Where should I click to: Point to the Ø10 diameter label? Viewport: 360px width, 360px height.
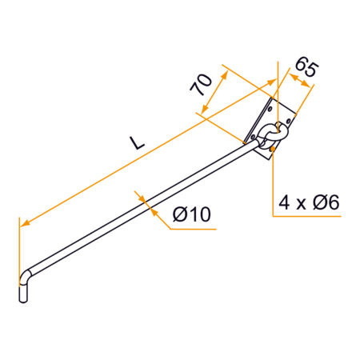coord(191,214)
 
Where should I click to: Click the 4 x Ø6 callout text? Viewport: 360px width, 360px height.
coord(308,203)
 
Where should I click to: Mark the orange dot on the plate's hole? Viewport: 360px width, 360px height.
coord(274,148)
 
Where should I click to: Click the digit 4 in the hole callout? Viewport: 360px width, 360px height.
coord(284,203)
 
